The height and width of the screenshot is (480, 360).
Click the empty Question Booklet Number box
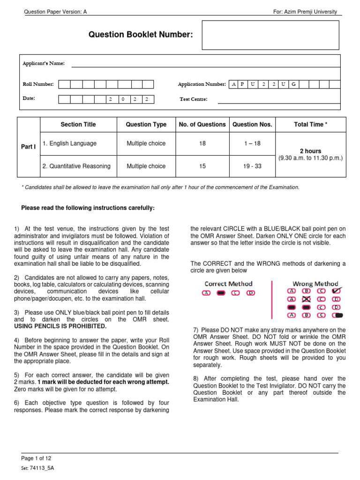(x=270, y=35)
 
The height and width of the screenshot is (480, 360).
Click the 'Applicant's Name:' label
(x=44, y=63)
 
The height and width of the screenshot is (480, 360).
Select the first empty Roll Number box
(x=64, y=84)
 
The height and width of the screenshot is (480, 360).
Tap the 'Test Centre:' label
(x=194, y=99)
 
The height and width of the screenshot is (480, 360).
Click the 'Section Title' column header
(x=78, y=125)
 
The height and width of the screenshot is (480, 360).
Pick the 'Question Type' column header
(x=146, y=125)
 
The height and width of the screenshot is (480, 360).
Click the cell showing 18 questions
(x=202, y=143)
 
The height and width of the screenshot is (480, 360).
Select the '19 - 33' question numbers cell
(x=252, y=166)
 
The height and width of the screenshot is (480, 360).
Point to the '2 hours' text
(x=311, y=151)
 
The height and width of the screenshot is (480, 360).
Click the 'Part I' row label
(x=29, y=147)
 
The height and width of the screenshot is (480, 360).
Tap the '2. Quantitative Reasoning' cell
(x=76, y=166)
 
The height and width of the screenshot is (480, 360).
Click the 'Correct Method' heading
(x=229, y=284)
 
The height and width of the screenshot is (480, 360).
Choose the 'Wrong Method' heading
(x=315, y=284)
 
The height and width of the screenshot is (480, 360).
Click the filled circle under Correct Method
(x=222, y=293)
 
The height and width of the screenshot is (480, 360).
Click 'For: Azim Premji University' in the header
(x=305, y=12)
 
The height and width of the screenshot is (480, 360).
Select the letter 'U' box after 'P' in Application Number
(x=253, y=84)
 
